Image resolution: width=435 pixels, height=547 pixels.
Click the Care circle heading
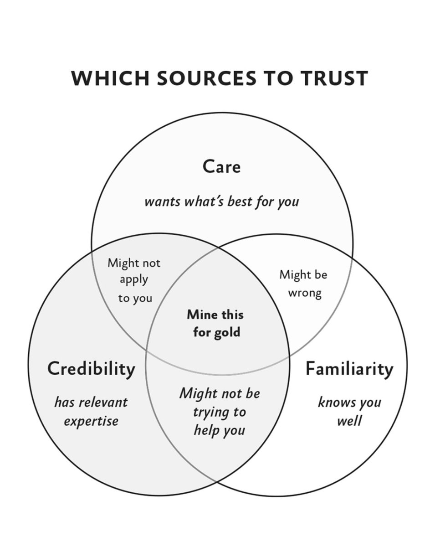click(x=221, y=166)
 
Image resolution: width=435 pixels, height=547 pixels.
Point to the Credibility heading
click(x=91, y=368)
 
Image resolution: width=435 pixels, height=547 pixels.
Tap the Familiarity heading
click(x=349, y=368)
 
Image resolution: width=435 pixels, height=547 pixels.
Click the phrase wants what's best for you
click(x=221, y=201)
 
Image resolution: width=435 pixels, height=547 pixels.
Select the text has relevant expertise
click(x=91, y=411)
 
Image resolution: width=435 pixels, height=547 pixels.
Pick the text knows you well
click(x=349, y=411)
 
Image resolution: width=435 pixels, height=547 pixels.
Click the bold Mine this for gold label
click(x=215, y=323)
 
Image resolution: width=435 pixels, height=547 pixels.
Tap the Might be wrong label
click(x=303, y=284)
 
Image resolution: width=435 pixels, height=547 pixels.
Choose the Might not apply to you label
click(x=134, y=280)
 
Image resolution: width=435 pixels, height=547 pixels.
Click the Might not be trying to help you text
click(x=219, y=412)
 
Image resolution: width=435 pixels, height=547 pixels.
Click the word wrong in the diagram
click(x=305, y=293)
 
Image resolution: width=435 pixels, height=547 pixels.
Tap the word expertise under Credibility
click(x=91, y=421)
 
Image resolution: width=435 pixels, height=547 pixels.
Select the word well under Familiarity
click(x=349, y=420)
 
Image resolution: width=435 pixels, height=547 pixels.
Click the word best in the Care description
click(x=240, y=201)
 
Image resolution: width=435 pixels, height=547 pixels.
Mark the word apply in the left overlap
click(x=134, y=280)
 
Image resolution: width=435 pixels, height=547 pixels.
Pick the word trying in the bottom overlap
click(x=213, y=412)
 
